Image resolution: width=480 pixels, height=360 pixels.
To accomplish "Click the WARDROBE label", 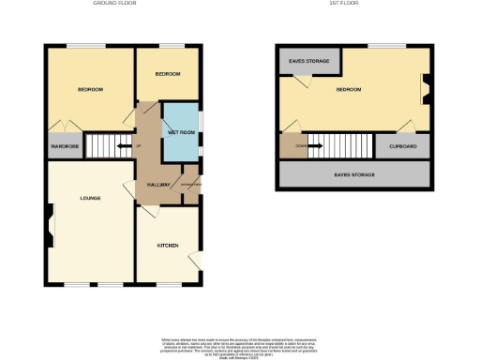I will (x=64, y=146).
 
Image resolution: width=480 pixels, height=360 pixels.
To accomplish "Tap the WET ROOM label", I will (x=180, y=132).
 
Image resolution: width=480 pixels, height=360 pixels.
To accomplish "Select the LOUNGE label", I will (x=91, y=199).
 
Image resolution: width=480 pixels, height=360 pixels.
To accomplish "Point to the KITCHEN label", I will (x=168, y=245).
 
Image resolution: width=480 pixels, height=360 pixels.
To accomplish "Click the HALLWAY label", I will (x=157, y=185).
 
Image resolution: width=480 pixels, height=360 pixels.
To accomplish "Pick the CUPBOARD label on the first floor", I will (x=402, y=146).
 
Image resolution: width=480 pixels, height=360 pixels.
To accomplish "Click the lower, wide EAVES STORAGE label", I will (x=353, y=174).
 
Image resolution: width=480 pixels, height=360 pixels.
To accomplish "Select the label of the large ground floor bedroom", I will (x=90, y=89).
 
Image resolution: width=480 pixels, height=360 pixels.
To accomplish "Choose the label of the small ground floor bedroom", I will (x=168, y=73).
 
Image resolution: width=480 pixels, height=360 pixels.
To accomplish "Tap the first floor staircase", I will (x=342, y=145).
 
